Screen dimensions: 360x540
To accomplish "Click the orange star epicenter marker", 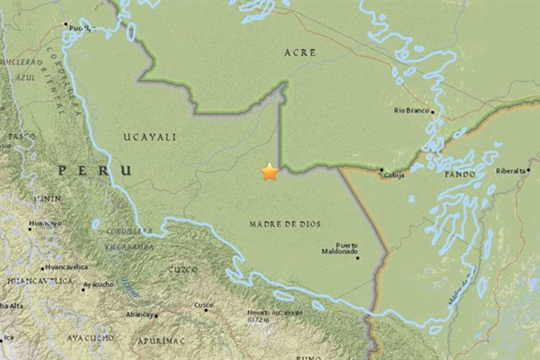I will (269, 171).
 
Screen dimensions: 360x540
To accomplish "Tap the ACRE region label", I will (300, 53).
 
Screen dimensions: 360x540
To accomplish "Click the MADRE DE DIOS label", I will (284, 224).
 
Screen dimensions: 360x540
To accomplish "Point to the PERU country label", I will (96, 171).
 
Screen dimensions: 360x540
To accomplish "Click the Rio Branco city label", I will (412, 110).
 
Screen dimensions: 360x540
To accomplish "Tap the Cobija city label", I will (393, 175).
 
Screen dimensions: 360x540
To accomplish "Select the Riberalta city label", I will (512, 171).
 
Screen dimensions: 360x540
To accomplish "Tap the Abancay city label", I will (140, 315).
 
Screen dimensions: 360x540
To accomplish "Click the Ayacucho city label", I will (98, 285).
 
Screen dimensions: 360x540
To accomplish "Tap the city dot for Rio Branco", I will (433, 112).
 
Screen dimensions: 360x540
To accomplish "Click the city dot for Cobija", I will (382, 170).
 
